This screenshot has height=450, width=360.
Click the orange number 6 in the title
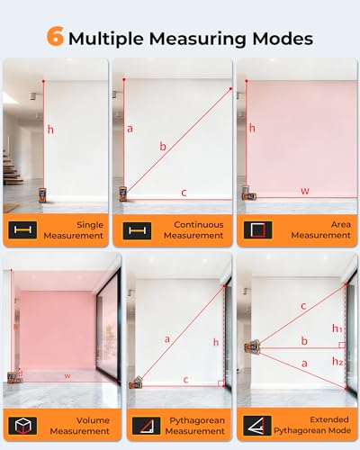(x=56, y=36)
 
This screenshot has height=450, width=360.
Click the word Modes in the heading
(x=283, y=39)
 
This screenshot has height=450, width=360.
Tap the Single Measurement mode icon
(x=22, y=230)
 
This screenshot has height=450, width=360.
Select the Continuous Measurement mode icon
(x=137, y=230)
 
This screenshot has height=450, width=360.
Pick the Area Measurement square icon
(x=258, y=230)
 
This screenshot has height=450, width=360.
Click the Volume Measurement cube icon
(x=22, y=426)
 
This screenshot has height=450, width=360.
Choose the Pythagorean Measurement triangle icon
(x=146, y=426)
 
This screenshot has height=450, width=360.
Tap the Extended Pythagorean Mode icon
(x=257, y=426)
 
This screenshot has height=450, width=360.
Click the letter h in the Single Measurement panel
(x=50, y=130)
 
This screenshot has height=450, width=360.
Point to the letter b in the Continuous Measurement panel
(x=163, y=146)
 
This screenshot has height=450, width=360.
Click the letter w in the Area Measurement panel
(x=305, y=191)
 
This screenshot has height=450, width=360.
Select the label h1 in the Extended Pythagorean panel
(x=337, y=328)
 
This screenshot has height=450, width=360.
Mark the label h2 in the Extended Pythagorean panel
(x=337, y=361)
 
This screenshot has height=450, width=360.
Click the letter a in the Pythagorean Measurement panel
(x=167, y=339)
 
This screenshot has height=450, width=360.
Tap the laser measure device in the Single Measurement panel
(x=42, y=195)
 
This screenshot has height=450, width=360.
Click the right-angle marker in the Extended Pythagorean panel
(x=342, y=345)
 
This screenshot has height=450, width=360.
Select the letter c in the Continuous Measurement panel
(x=184, y=193)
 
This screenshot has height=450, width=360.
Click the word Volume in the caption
(x=93, y=420)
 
